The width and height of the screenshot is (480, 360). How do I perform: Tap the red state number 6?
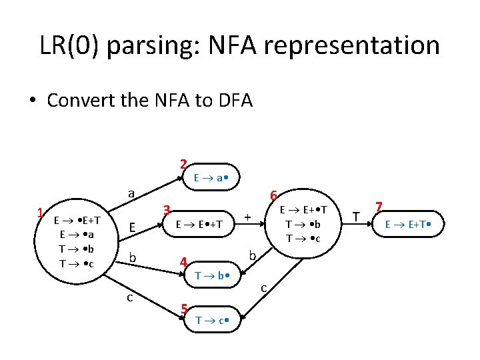click(x=273, y=195)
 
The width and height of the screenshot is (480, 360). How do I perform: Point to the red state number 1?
click(x=41, y=213)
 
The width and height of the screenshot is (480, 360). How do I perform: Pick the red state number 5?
click(x=183, y=309)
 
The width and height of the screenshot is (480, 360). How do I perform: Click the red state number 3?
click(x=168, y=209)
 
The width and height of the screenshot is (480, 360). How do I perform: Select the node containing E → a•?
click(x=213, y=178)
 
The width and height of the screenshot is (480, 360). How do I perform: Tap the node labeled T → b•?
click(x=213, y=275)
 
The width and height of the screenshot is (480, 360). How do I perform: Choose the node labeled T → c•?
click(x=213, y=321)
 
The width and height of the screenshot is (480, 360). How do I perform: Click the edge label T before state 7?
click(x=357, y=217)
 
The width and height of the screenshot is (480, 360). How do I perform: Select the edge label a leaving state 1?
click(x=132, y=193)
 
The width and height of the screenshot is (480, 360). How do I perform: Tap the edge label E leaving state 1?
click(x=133, y=228)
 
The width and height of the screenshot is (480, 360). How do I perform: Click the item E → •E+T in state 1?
click(x=77, y=221)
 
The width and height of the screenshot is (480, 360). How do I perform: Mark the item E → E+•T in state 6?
click(x=303, y=210)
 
